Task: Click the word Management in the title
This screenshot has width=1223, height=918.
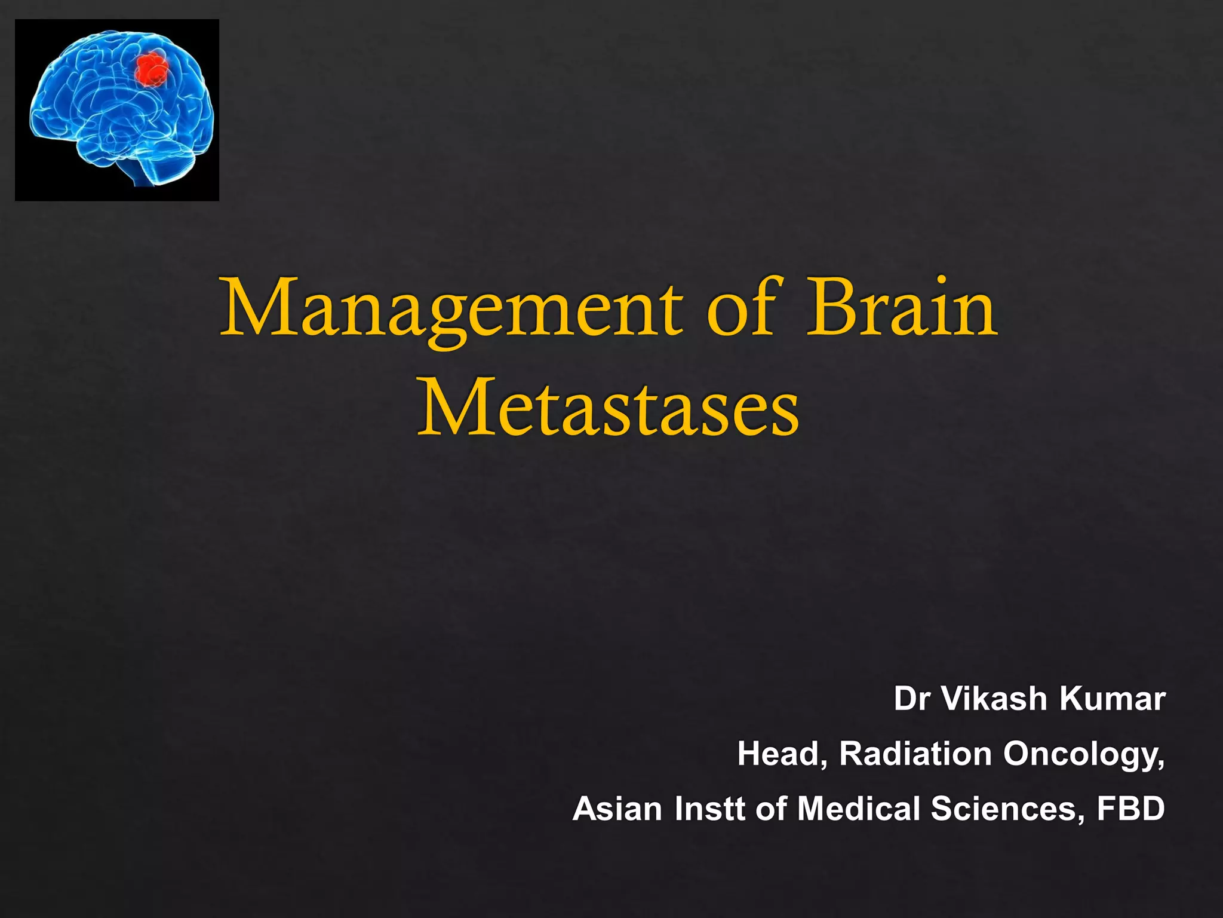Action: pyautogui.click(x=451, y=311)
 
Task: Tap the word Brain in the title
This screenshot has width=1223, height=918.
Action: pyautogui.click(x=902, y=308)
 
